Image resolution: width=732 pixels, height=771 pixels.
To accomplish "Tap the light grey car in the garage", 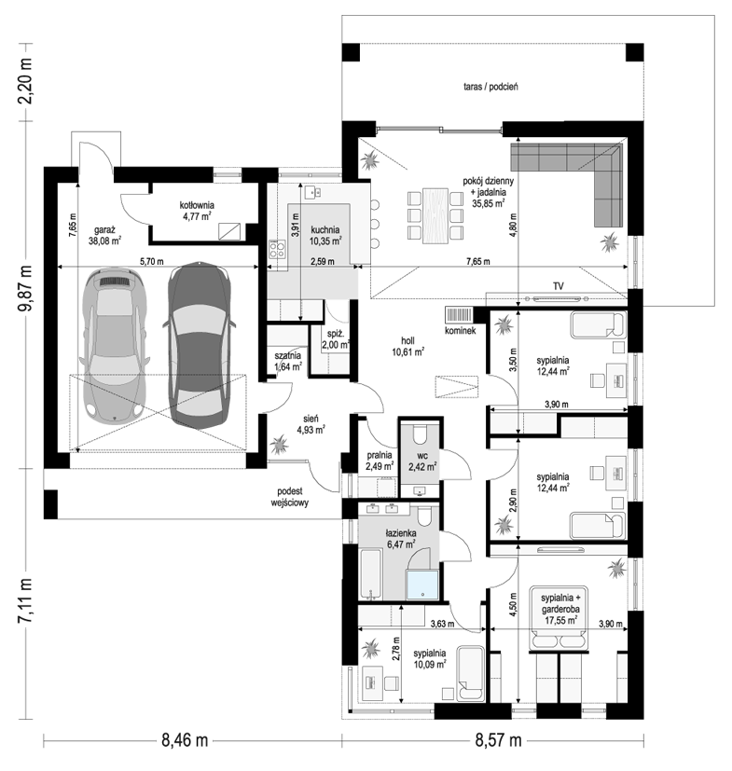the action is pyautogui.click(x=116, y=346).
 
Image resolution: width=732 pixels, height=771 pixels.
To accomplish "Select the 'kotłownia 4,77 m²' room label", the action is pyautogui.click(x=197, y=211).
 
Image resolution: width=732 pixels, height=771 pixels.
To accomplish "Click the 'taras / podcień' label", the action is pyautogui.click(x=490, y=87).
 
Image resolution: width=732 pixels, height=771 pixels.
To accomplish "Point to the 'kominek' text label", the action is pyautogui.click(x=460, y=331).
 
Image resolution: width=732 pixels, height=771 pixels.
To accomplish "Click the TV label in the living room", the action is pyautogui.click(x=558, y=285).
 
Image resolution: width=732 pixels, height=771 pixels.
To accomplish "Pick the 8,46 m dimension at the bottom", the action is pyautogui.click(x=185, y=740).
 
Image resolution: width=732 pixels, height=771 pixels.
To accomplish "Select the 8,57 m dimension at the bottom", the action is pyautogui.click(x=498, y=740).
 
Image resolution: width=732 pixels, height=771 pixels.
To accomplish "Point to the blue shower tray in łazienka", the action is pyautogui.click(x=422, y=585).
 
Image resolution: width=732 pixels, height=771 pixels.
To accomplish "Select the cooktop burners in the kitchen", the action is pyautogui.click(x=277, y=249).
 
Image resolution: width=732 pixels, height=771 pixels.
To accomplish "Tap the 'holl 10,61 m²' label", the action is pyautogui.click(x=407, y=346).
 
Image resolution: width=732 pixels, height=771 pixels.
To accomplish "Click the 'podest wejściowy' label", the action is pyautogui.click(x=290, y=497).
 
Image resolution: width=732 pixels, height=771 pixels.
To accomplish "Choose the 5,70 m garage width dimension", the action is pyautogui.click(x=152, y=262).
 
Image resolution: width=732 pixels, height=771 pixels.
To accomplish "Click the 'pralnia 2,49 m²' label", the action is pyautogui.click(x=379, y=461).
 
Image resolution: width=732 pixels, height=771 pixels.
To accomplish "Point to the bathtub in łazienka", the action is pyautogui.click(x=370, y=575).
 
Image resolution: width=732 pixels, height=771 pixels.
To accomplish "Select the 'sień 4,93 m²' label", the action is pyautogui.click(x=311, y=424).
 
